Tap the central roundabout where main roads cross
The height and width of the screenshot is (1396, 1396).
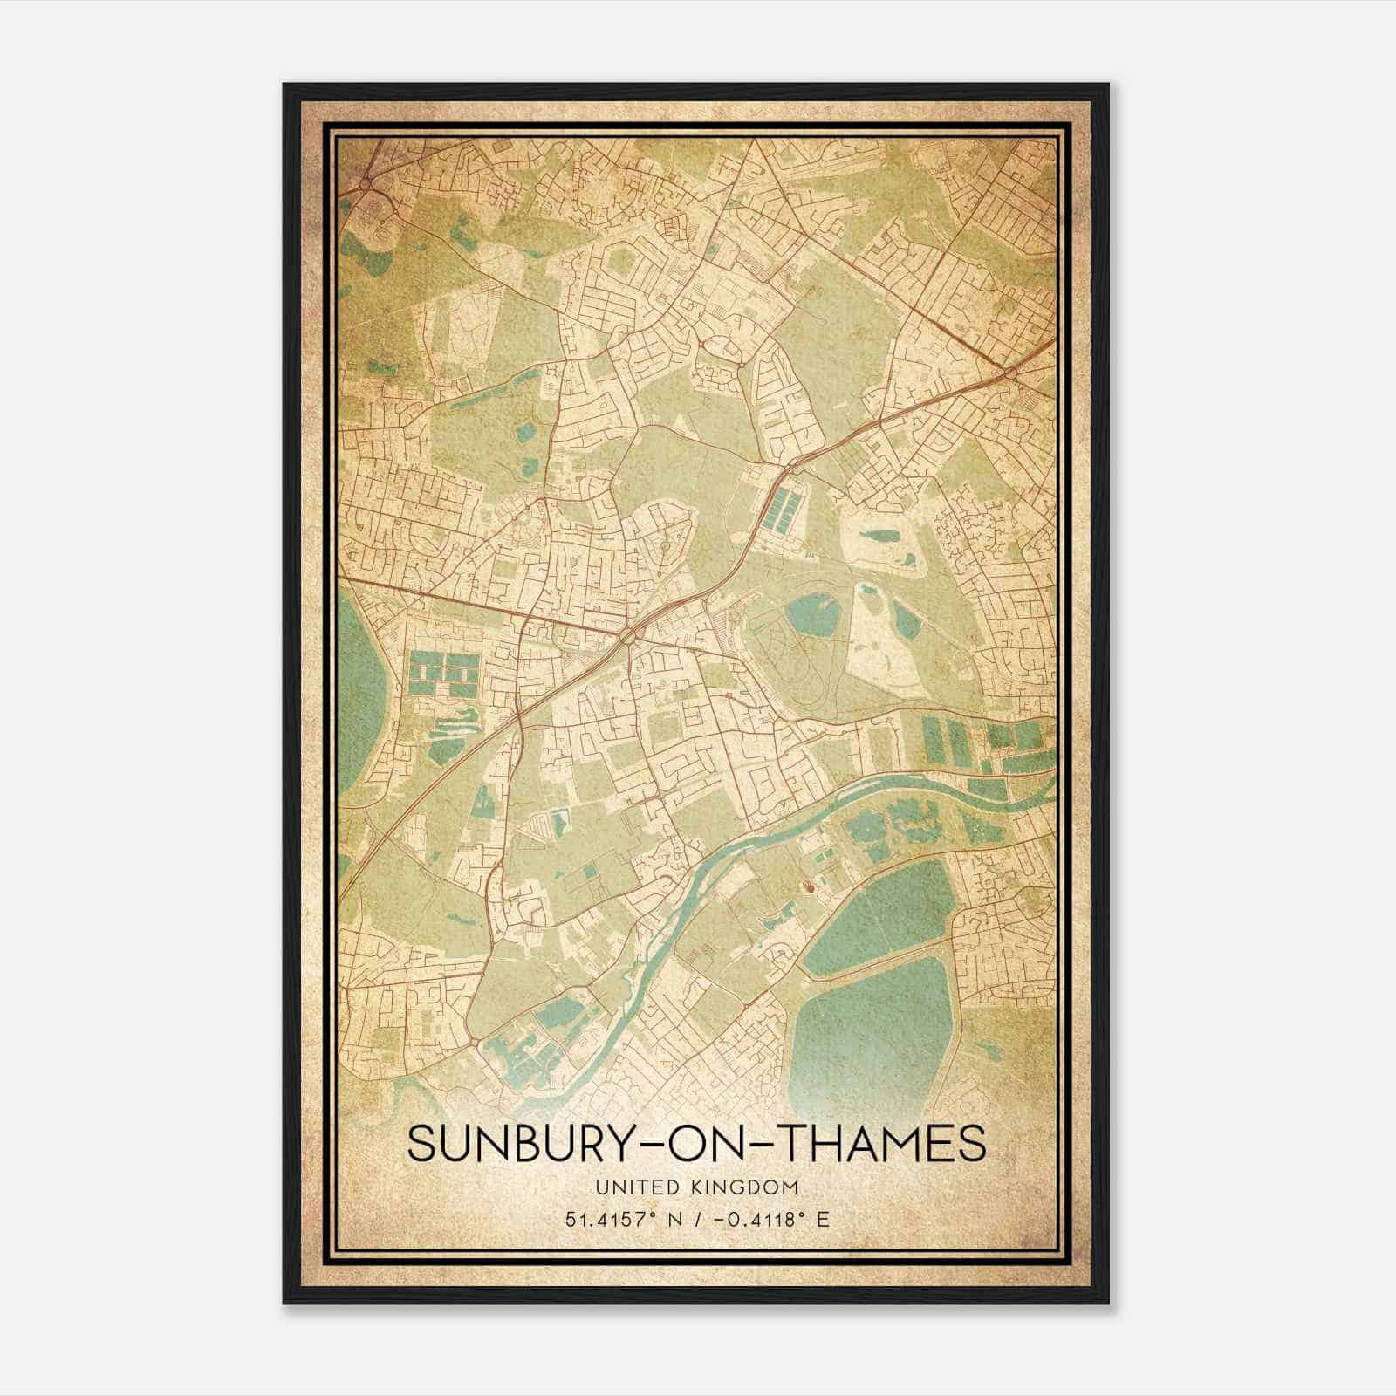(630, 640)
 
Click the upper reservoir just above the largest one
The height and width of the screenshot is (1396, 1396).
(872, 907)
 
